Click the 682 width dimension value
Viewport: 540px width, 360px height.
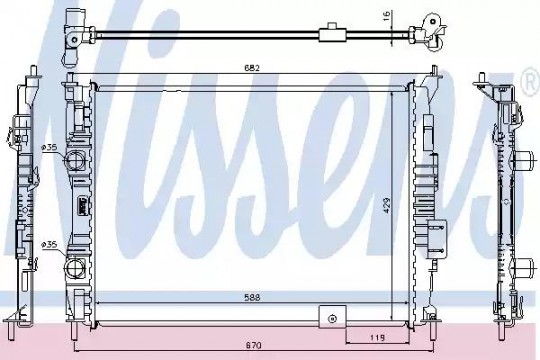pos(252,68)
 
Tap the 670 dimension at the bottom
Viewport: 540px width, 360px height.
pos(253,345)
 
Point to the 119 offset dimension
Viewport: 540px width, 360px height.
pos(378,338)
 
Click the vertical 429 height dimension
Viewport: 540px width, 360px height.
pos(387,205)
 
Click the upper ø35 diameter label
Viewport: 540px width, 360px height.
pos(49,147)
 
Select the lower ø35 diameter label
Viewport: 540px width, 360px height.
pos(49,245)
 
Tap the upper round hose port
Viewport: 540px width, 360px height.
pos(74,160)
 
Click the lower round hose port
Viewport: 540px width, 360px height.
pos(74,268)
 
